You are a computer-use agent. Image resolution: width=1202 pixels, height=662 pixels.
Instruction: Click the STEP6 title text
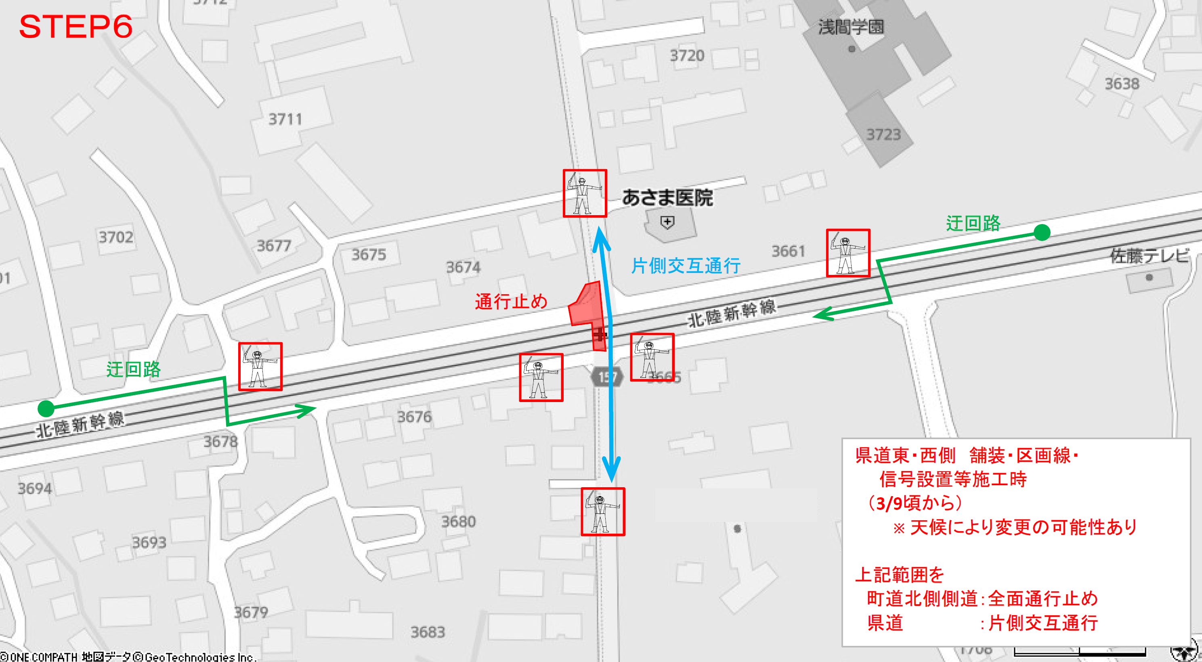(x=76, y=27)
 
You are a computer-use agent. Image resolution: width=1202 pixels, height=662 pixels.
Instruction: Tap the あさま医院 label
(x=667, y=198)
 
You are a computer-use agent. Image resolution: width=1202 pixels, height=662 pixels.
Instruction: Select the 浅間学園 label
(x=851, y=27)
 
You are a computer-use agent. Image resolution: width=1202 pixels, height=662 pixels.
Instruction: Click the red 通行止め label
(x=511, y=302)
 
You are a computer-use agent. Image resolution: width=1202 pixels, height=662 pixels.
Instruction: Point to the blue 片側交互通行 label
(x=686, y=266)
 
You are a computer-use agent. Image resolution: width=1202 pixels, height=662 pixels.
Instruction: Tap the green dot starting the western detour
(x=46, y=408)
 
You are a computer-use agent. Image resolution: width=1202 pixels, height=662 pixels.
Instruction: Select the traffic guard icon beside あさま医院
(x=585, y=193)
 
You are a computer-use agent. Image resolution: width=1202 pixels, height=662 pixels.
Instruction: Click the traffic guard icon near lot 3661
(x=848, y=253)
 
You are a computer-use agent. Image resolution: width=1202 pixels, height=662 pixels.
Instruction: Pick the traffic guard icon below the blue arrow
(x=602, y=511)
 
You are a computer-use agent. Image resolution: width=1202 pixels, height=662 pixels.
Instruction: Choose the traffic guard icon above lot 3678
(x=260, y=366)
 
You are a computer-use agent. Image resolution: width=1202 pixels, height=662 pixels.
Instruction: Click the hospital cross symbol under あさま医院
(x=667, y=222)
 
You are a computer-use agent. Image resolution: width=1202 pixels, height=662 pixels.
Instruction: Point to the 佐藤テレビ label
(x=1149, y=256)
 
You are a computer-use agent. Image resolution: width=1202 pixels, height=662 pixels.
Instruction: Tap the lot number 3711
(x=285, y=119)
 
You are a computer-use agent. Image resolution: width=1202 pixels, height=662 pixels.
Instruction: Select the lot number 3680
(x=458, y=521)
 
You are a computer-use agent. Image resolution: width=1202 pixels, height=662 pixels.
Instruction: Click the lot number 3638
(x=1122, y=84)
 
